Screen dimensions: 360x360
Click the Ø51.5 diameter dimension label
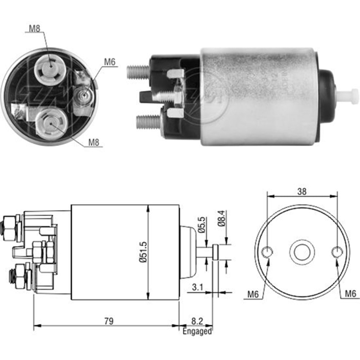144,252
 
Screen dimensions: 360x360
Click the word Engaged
197,331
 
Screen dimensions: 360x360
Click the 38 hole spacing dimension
302,192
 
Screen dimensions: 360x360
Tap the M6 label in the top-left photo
109,62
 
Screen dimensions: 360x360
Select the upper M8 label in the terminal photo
35,29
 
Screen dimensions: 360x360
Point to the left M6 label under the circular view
253,294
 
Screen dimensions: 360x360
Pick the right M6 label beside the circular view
350,294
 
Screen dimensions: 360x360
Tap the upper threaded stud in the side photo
139,72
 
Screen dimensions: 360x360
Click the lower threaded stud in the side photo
148,122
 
